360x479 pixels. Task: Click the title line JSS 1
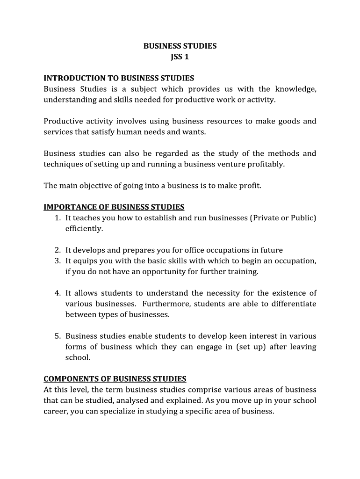[x=180, y=57]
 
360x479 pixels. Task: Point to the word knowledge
[x=295, y=89]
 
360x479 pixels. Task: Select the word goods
[x=289, y=121]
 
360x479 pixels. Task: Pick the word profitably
[x=266, y=164]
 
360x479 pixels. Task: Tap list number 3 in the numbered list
[x=57, y=261]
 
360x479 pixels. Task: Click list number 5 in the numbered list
[x=57, y=336]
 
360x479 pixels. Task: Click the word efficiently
[x=84, y=229]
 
